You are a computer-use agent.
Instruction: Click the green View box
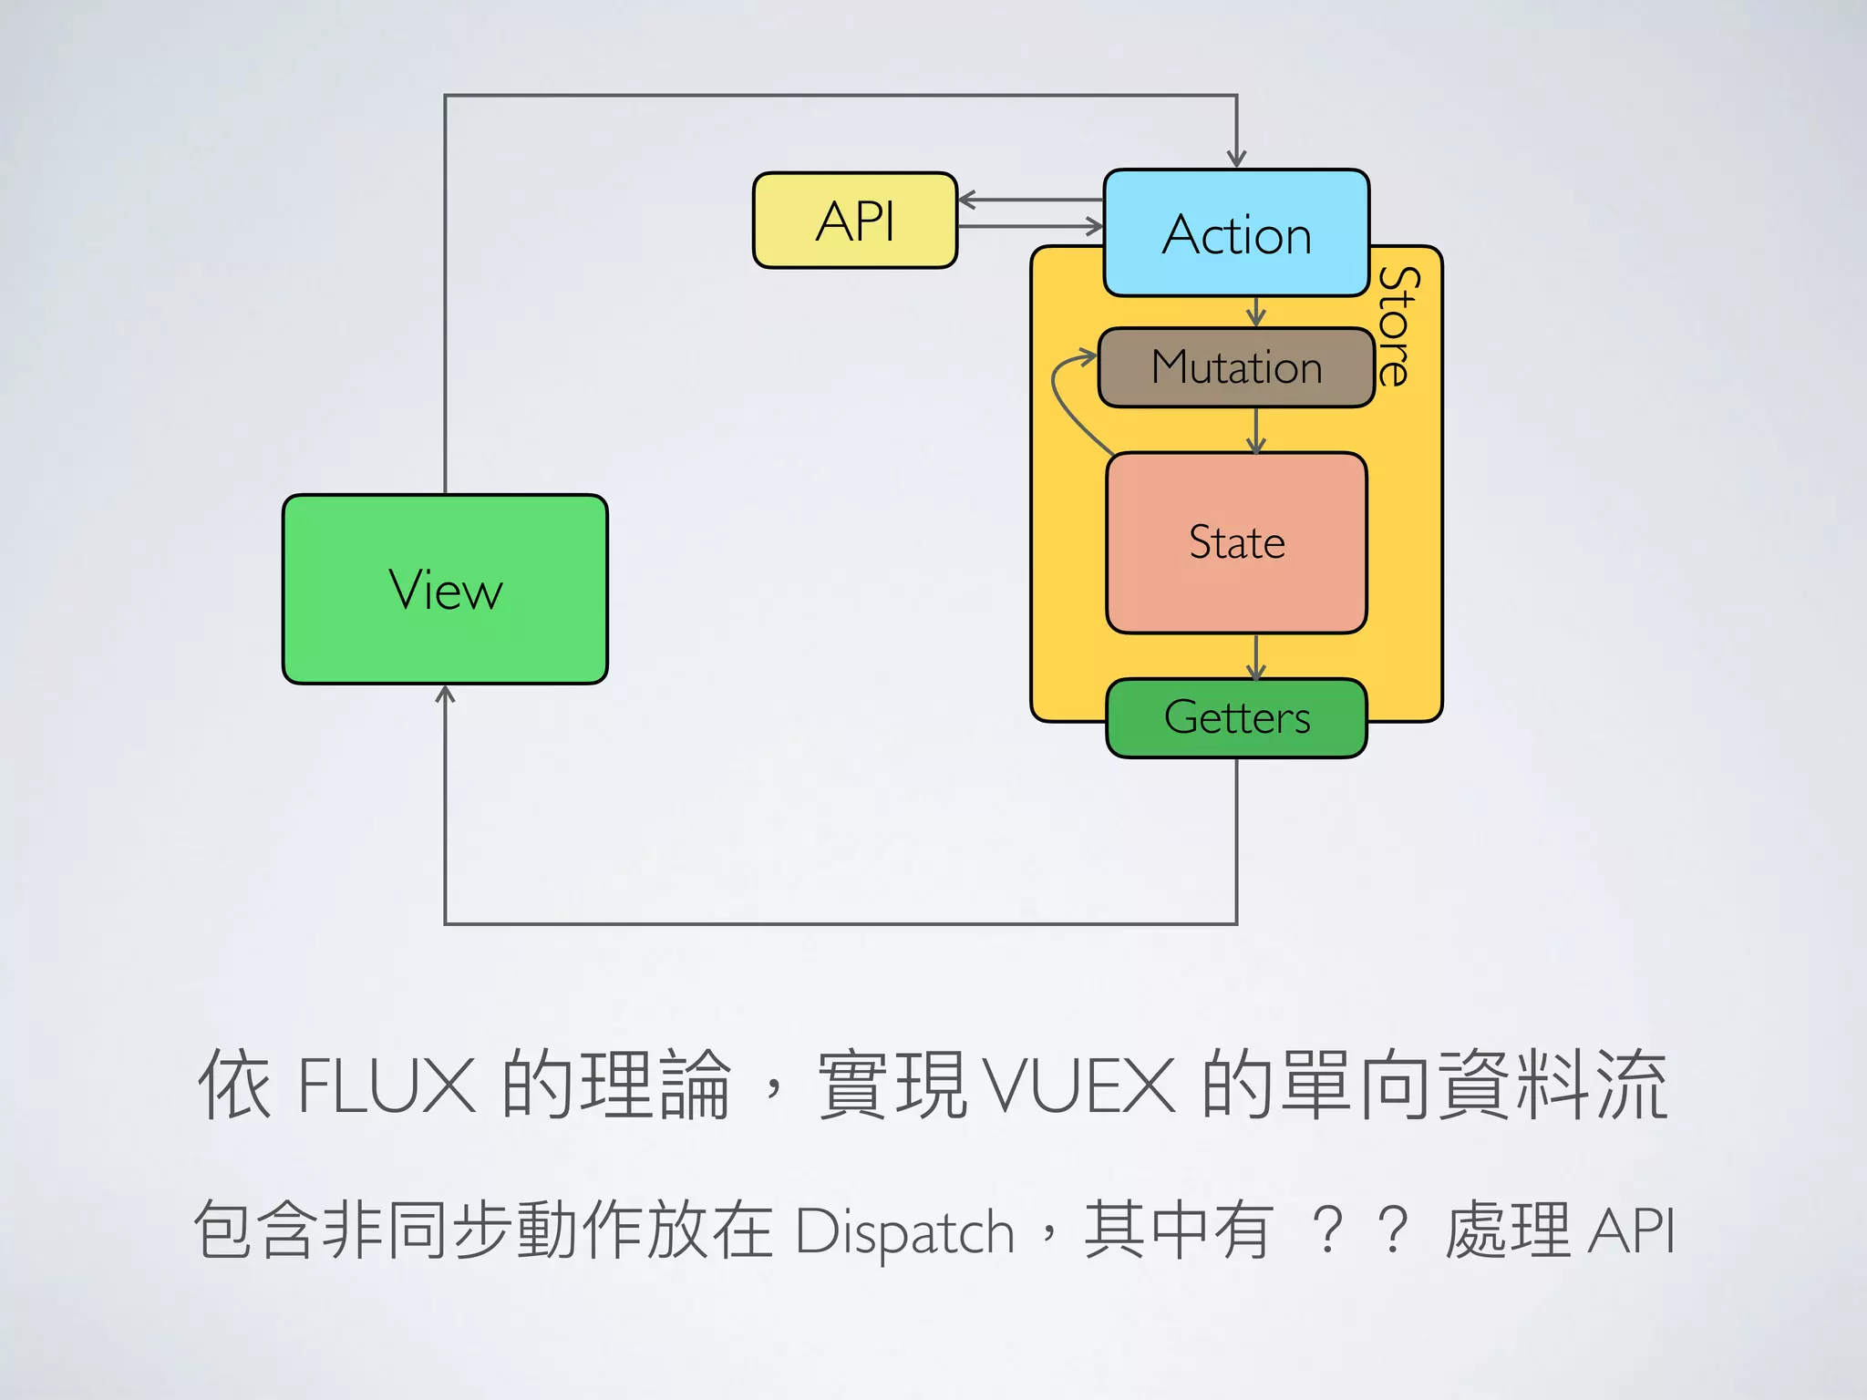tap(445, 589)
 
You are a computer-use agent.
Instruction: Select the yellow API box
tap(855, 221)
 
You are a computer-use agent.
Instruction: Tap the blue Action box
tap(1236, 233)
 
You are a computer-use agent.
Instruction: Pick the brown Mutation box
tap(1236, 367)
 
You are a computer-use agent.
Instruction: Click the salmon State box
tap(1236, 542)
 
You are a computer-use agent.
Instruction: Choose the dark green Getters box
tap(1236, 717)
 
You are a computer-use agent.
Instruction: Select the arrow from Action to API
tap(1030, 200)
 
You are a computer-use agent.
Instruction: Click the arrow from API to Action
tap(1030, 226)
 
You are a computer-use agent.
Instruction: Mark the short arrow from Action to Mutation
tap(1256, 313)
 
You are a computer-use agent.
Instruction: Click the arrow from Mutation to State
tap(1256, 430)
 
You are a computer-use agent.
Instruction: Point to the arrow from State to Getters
tap(1256, 656)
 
